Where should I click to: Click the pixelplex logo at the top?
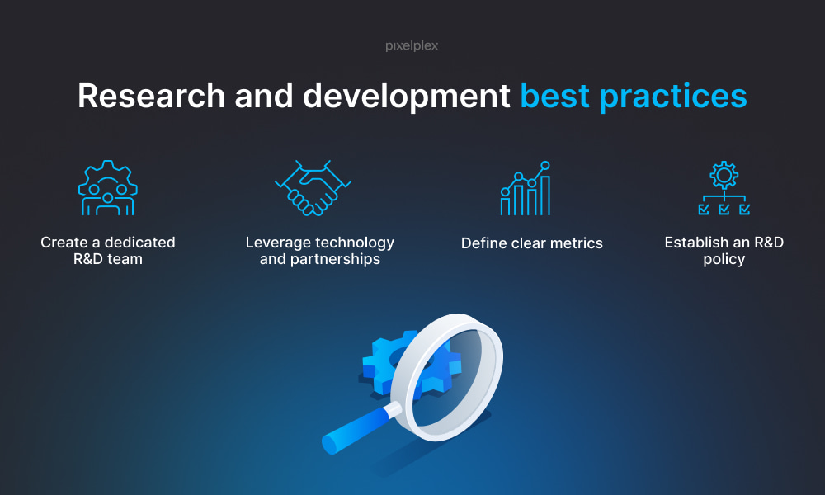[412, 45]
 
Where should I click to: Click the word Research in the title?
[152, 96]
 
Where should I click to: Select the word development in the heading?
[406, 97]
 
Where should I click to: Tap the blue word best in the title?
[554, 96]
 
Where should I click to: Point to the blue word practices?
[673, 97]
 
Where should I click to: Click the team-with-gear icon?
[108, 188]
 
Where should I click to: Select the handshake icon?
[313, 188]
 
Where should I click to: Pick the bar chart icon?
[525, 188]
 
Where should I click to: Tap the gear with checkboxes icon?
[724, 188]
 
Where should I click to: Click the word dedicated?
[140, 243]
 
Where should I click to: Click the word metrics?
[576, 243]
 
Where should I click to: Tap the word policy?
[724, 260]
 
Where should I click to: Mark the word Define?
[484, 243]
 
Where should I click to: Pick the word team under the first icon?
[125, 259]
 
